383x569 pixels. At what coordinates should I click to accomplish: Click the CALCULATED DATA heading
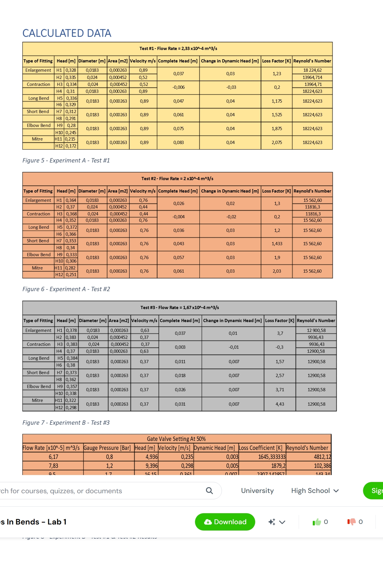tap(67, 33)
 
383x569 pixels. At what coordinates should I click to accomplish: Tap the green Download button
tap(225, 522)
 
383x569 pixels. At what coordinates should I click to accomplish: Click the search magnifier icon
tap(209, 491)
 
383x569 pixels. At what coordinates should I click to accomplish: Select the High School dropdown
tap(315, 491)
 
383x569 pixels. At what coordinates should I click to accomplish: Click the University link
tap(257, 491)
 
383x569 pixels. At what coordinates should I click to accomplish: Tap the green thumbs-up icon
tap(317, 522)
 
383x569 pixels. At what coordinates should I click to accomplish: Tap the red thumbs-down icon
tap(351, 522)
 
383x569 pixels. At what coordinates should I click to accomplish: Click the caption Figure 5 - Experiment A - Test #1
tap(66, 160)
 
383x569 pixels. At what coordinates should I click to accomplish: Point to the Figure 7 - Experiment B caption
tap(66, 423)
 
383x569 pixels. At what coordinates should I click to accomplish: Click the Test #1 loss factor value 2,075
tap(277, 143)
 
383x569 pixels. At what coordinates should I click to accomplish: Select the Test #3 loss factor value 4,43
tap(280, 404)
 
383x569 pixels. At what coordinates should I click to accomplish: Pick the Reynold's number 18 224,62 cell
tap(312, 70)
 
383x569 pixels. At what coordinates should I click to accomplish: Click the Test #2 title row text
tap(177, 179)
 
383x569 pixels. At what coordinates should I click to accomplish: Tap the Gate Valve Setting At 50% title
tap(176, 439)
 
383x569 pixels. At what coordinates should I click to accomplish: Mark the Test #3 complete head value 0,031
tap(180, 404)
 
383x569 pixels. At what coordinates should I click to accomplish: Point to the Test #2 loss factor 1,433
tap(277, 244)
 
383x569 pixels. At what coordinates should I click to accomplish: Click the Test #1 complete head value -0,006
tap(178, 87)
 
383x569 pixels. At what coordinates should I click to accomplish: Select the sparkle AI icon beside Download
tap(272, 522)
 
